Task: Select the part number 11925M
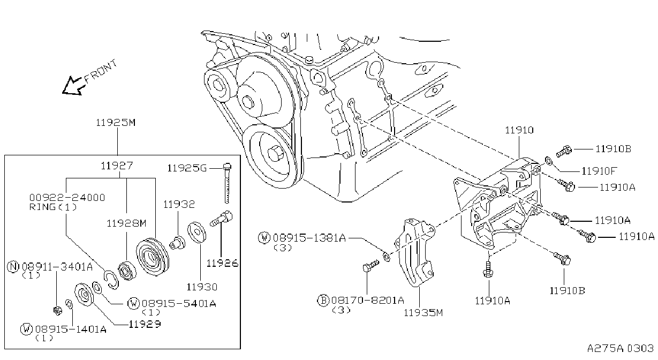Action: point(116,123)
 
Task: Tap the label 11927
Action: point(117,166)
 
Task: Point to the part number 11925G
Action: point(187,168)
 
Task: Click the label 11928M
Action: point(126,223)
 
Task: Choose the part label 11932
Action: point(179,204)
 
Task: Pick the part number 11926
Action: point(222,264)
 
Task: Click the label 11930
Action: point(202,287)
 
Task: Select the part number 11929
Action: point(145,324)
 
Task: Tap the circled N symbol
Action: point(13,267)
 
